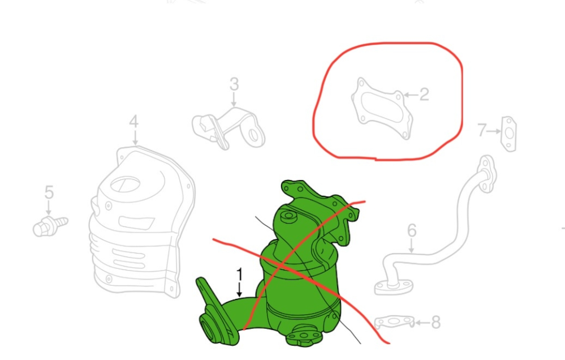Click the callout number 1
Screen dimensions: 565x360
tap(240, 275)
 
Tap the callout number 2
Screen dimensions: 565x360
tap(424, 95)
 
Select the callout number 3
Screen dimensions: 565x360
tap(234, 84)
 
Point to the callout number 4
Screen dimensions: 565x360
tap(133, 122)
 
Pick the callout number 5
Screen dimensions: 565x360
tap(49, 192)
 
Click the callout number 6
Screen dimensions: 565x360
tap(412, 231)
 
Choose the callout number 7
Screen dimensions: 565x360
tap(482, 130)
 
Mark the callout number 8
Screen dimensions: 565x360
tap(436, 323)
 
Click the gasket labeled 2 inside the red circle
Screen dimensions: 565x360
tap(382, 108)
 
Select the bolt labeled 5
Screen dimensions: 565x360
tap(50, 226)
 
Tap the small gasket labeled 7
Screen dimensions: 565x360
tap(509, 134)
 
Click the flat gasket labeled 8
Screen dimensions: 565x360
tap(395, 322)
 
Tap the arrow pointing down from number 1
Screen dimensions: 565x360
tap(239, 290)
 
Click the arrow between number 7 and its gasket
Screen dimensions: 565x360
tap(494, 131)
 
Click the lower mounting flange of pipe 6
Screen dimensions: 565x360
tap(393, 287)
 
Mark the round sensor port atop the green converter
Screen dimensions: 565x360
tap(288, 216)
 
